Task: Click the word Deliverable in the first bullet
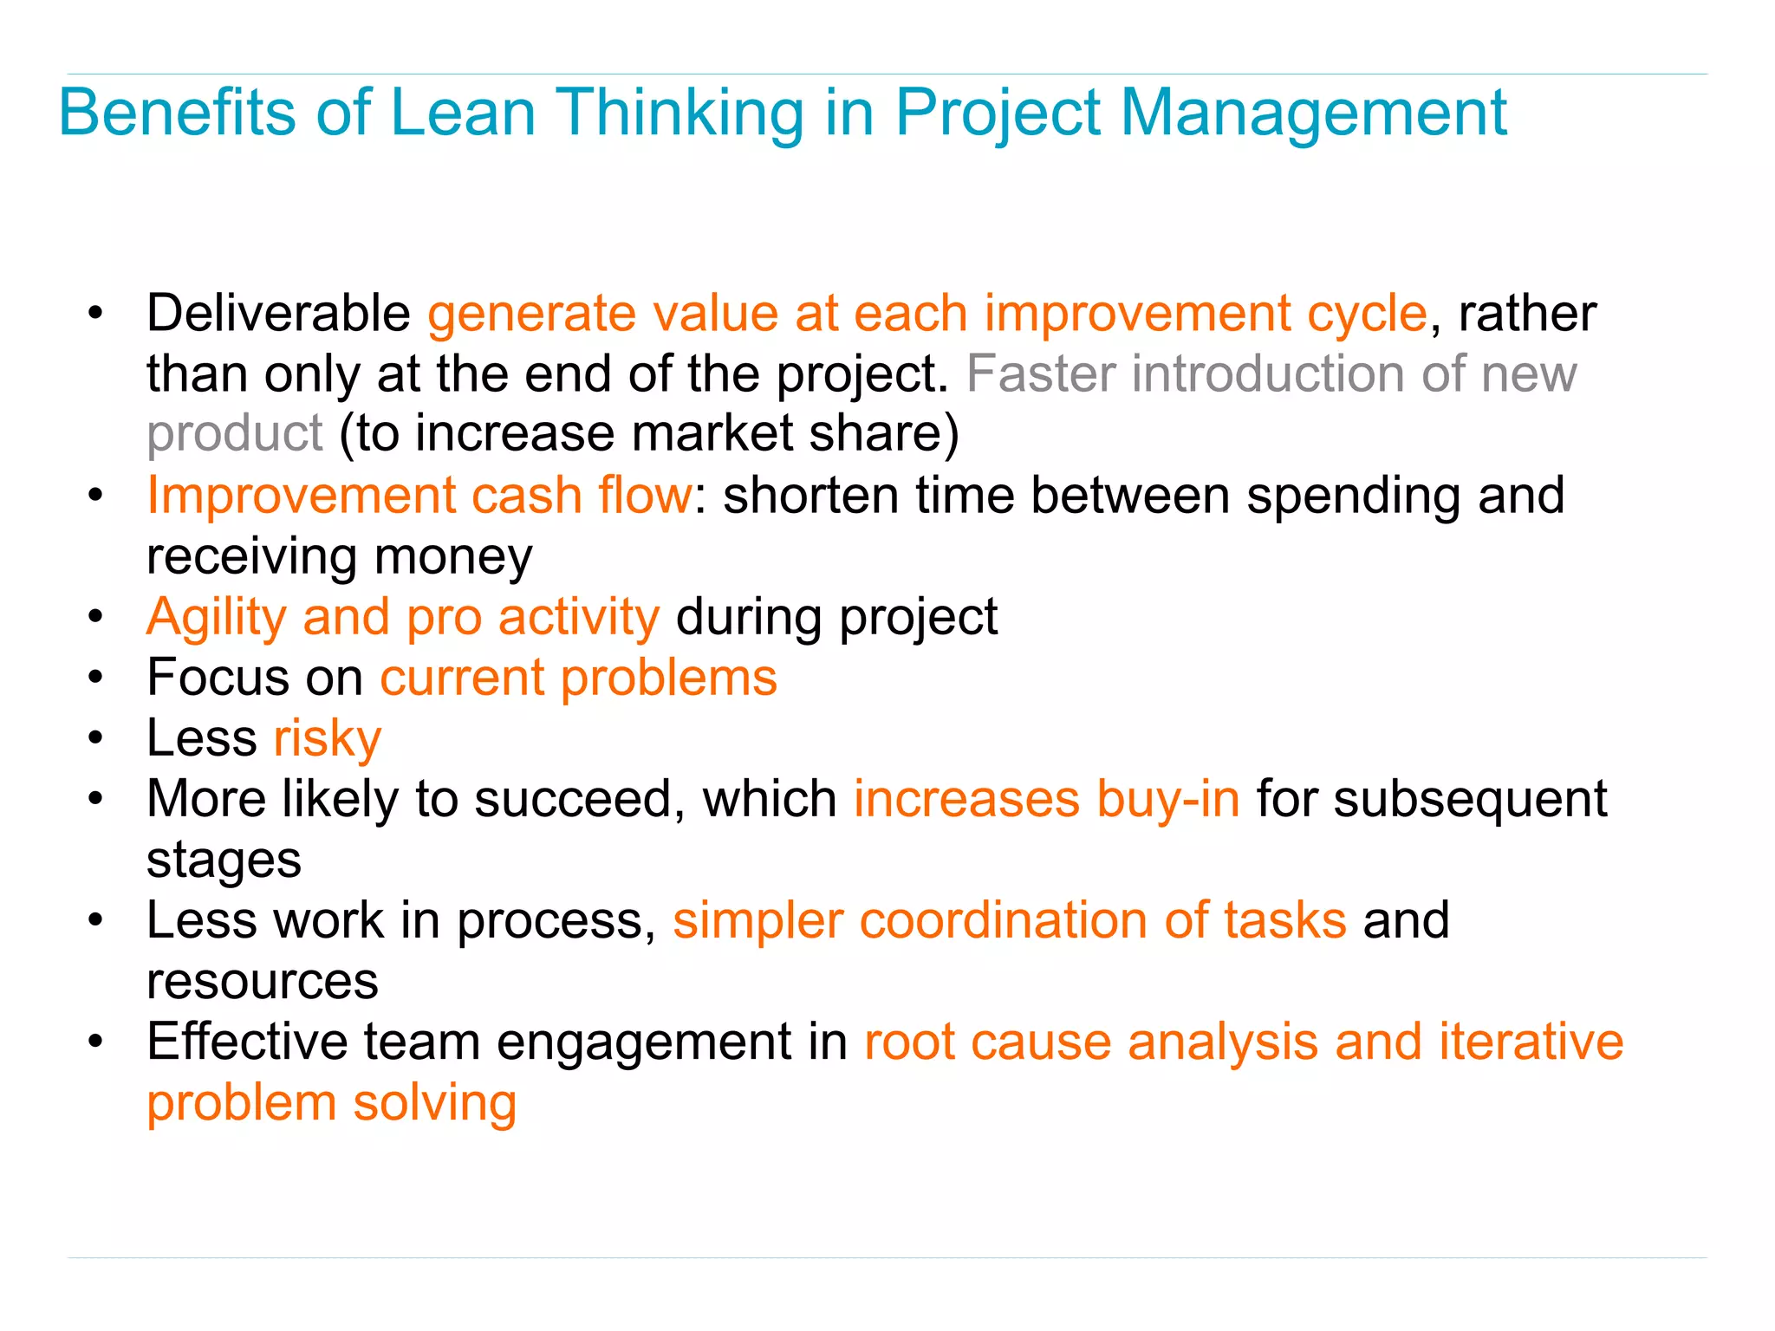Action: (x=278, y=313)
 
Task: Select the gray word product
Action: (x=234, y=433)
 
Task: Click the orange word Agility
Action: (x=216, y=617)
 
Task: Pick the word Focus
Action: (x=218, y=677)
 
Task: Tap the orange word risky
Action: (x=327, y=738)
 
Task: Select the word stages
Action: (x=224, y=860)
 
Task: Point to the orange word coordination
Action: (x=1003, y=919)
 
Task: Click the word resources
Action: (x=262, y=981)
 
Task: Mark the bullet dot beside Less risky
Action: (x=95, y=739)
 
